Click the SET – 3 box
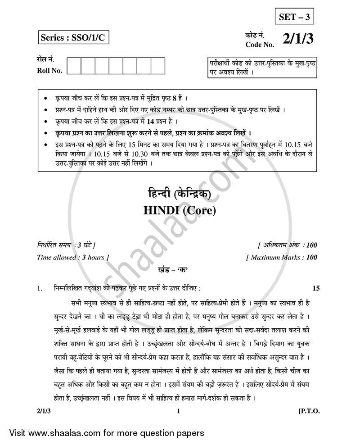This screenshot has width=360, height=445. [x=293, y=18]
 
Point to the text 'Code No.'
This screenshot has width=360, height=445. [x=258, y=44]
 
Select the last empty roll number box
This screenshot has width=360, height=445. [x=158, y=66]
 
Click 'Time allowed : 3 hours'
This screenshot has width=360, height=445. [x=73, y=258]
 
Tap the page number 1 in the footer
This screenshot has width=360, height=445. [x=179, y=410]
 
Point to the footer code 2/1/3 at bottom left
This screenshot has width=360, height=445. [x=45, y=410]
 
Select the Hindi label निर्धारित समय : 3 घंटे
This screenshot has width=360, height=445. [x=66, y=245]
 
